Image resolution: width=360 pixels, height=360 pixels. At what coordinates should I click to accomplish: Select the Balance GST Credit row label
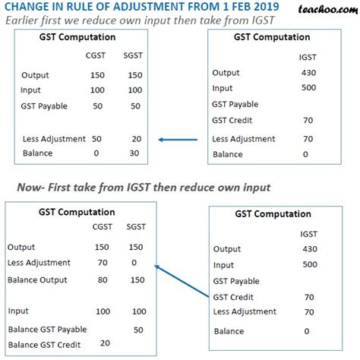click(46, 343)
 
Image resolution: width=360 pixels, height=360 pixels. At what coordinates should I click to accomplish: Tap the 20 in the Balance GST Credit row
click(106, 343)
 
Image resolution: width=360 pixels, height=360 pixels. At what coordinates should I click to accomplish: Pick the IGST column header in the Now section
click(308, 235)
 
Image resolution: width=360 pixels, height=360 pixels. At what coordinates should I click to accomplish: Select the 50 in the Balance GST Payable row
click(137, 329)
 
